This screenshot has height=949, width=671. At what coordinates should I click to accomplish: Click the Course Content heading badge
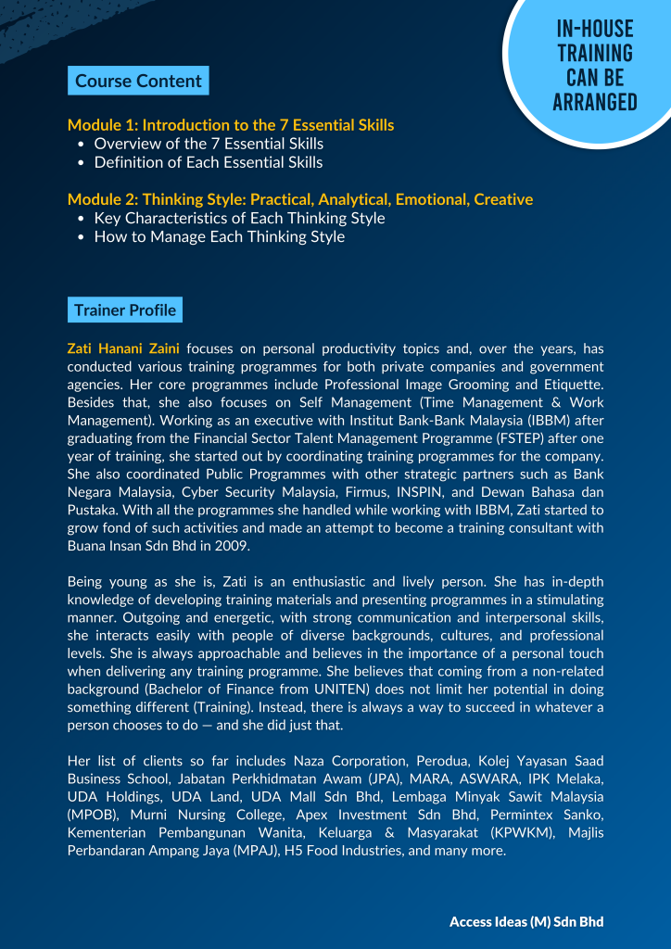click(x=138, y=81)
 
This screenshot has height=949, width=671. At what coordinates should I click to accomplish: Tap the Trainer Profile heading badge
click(x=124, y=310)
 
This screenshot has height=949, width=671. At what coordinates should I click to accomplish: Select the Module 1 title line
click(x=231, y=125)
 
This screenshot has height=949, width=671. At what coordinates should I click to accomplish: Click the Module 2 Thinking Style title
click(x=300, y=199)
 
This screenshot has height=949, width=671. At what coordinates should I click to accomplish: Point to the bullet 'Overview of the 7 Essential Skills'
click(x=209, y=144)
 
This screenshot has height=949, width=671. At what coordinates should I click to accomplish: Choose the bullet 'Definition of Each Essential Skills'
click(x=209, y=162)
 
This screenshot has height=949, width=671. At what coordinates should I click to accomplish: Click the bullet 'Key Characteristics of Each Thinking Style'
click(x=239, y=218)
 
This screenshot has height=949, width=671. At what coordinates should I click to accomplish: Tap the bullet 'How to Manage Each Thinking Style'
click(x=219, y=236)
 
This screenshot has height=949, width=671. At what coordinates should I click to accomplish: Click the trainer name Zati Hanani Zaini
click(x=123, y=349)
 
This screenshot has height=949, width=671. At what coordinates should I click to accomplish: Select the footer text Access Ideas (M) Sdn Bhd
click(x=526, y=921)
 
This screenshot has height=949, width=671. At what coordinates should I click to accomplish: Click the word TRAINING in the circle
click(x=595, y=54)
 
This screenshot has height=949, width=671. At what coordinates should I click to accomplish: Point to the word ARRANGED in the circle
click(x=595, y=102)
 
